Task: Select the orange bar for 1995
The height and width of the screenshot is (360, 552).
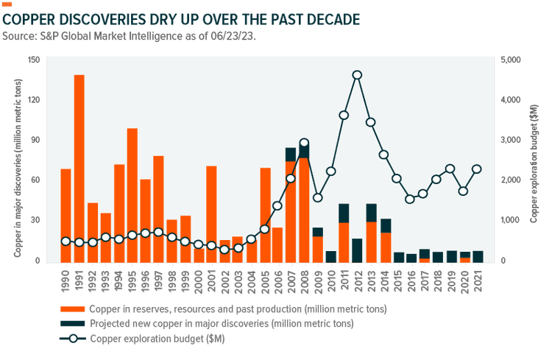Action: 132,194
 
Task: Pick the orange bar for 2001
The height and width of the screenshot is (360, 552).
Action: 211,213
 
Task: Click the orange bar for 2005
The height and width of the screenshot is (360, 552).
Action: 265,214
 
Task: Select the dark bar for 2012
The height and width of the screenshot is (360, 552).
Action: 357,250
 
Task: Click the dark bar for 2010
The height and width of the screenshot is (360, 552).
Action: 330,256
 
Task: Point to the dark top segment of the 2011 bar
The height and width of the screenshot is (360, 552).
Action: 344,213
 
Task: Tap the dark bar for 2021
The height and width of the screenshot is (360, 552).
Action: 478,256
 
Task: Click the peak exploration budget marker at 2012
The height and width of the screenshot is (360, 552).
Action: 357,74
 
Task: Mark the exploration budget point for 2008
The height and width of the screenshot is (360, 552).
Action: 304,143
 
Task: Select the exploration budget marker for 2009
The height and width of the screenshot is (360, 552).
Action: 317,197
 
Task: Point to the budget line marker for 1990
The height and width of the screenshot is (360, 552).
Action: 66,241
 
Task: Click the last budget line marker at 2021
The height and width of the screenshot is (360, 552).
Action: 478,169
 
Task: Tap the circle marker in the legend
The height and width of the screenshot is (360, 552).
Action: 72,339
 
